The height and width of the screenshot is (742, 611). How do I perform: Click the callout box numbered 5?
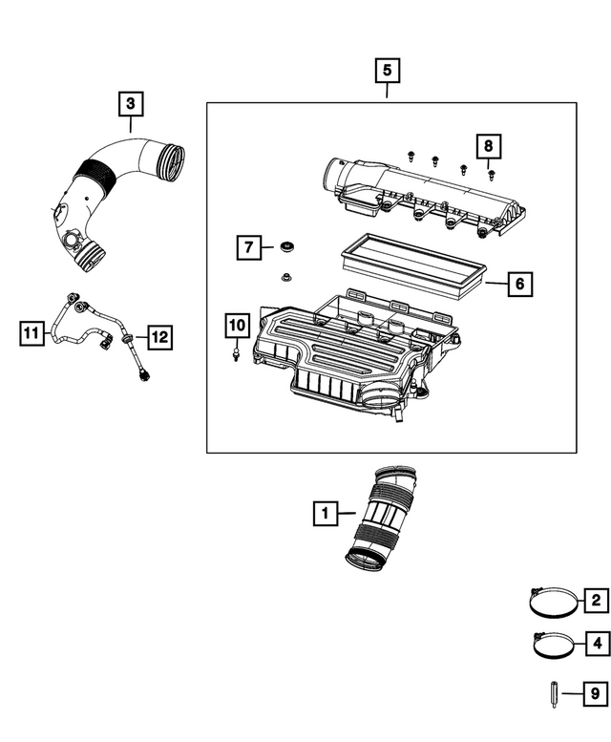387,71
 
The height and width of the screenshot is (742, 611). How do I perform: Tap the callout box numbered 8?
488,146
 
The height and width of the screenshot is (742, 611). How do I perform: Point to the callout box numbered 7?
247,248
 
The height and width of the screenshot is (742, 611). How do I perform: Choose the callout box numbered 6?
518,284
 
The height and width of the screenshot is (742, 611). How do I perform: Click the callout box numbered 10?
236,326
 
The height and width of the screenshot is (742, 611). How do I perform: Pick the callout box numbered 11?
32,333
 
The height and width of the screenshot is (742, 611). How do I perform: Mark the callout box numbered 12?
158,336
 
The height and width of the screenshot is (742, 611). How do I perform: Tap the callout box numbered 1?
325,515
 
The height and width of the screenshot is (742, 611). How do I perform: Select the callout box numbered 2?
596,601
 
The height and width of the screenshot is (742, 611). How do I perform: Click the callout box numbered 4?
596,645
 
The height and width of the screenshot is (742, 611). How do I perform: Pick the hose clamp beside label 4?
549,647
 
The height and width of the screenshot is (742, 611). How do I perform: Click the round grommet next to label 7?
286,248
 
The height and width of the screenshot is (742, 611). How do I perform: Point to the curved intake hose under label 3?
115,191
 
